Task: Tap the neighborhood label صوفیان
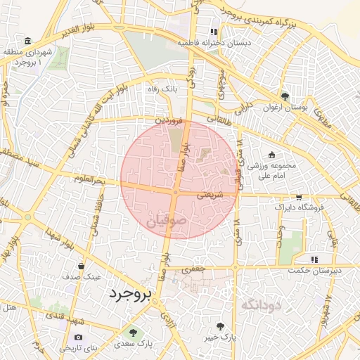point(167,223)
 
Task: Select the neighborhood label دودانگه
point(260,305)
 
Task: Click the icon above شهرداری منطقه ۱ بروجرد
point(27,41)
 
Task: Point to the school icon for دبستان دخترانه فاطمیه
point(214,32)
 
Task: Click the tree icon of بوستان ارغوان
point(285,96)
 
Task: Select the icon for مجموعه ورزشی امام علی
point(273,155)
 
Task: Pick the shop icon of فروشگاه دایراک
point(299,198)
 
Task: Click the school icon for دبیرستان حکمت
point(314,260)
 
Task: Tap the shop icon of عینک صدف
point(82,266)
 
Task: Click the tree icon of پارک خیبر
point(221,326)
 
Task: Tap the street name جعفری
point(191,269)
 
